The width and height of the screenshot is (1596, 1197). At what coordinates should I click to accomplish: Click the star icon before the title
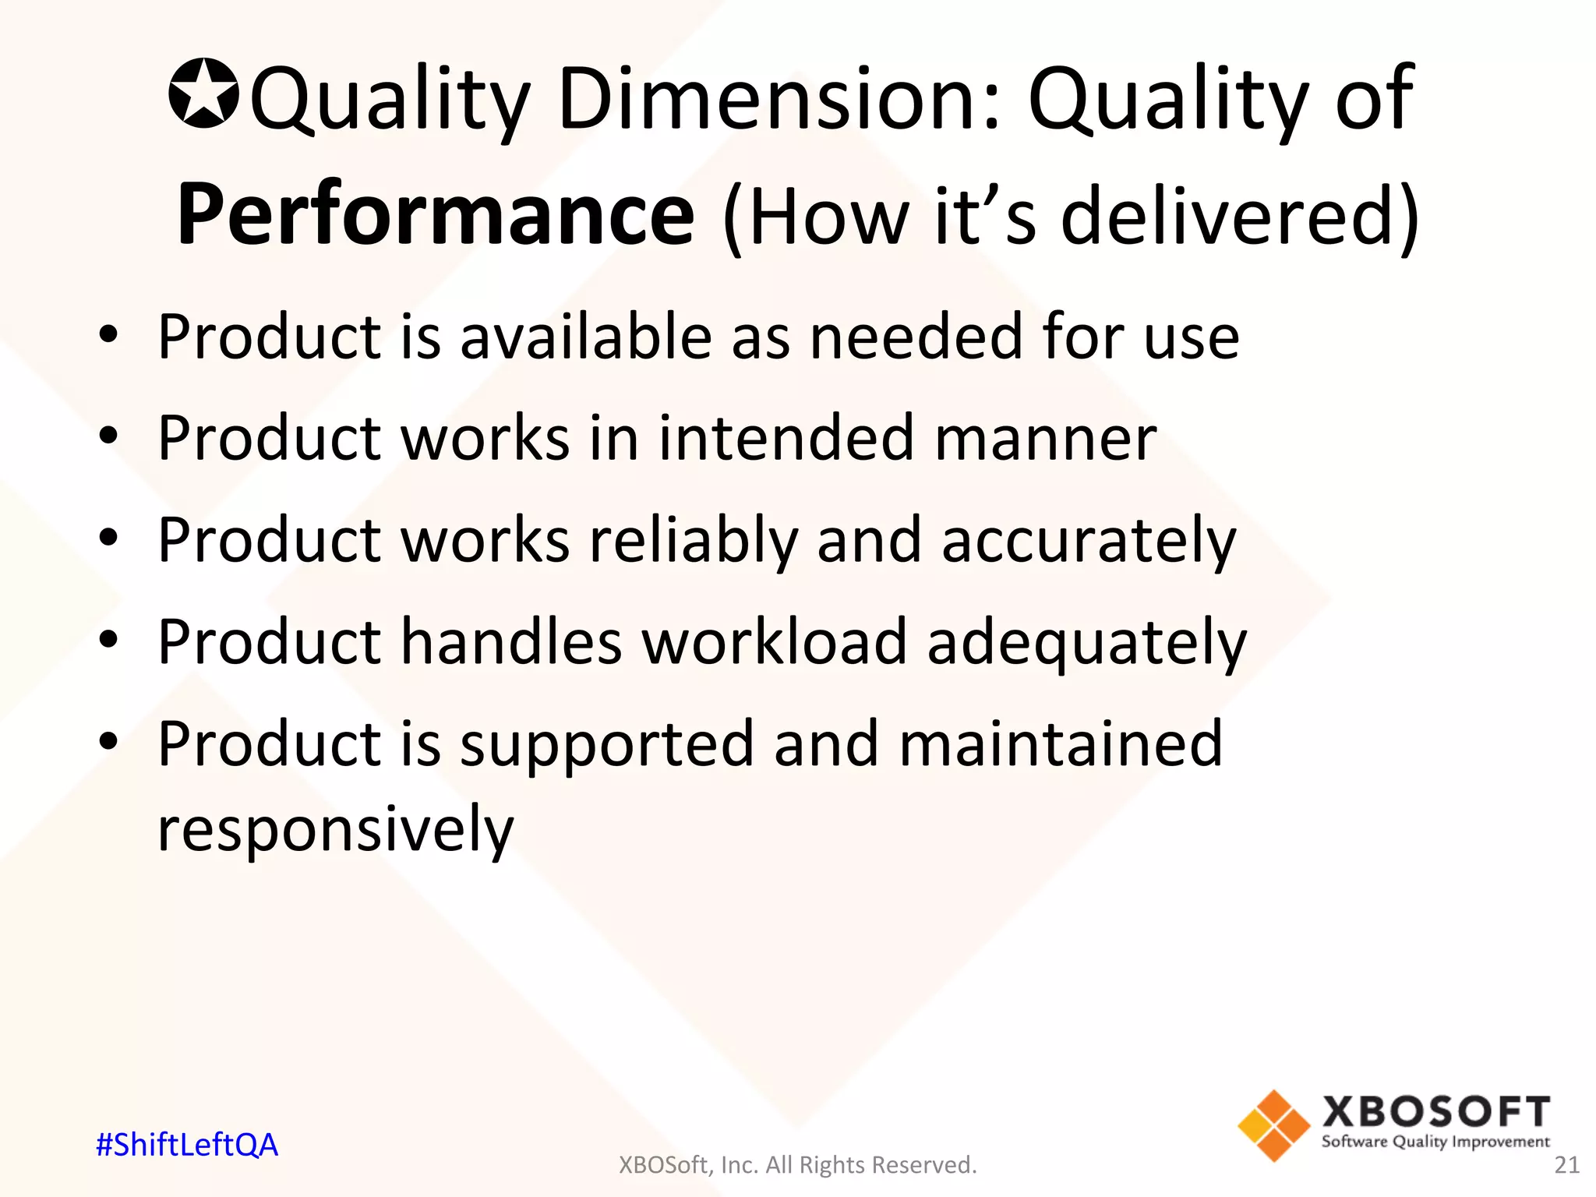[x=203, y=93]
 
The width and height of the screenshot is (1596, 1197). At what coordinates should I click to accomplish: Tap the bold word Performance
[x=436, y=214]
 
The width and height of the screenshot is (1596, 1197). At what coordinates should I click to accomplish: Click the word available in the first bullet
[x=585, y=337]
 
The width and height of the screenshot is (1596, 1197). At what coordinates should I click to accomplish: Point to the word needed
[x=916, y=337]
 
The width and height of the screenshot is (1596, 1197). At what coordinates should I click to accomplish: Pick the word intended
[x=786, y=438]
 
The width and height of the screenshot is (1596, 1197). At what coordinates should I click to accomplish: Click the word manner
[x=1045, y=440]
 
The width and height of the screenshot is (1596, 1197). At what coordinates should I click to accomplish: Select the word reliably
[x=693, y=542]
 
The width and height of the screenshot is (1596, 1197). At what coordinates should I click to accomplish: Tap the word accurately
[x=1089, y=542]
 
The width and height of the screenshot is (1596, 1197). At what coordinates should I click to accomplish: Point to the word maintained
[x=1061, y=743]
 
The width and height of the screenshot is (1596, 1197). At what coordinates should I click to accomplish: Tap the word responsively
[x=336, y=830]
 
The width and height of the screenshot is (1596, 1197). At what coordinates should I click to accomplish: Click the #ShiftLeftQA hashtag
[x=187, y=1145]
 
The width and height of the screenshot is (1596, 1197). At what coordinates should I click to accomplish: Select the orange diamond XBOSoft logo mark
[x=1273, y=1125]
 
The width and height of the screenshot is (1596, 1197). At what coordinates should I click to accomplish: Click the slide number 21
[x=1566, y=1165]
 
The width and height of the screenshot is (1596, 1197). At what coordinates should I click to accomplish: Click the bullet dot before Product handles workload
[x=108, y=640]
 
